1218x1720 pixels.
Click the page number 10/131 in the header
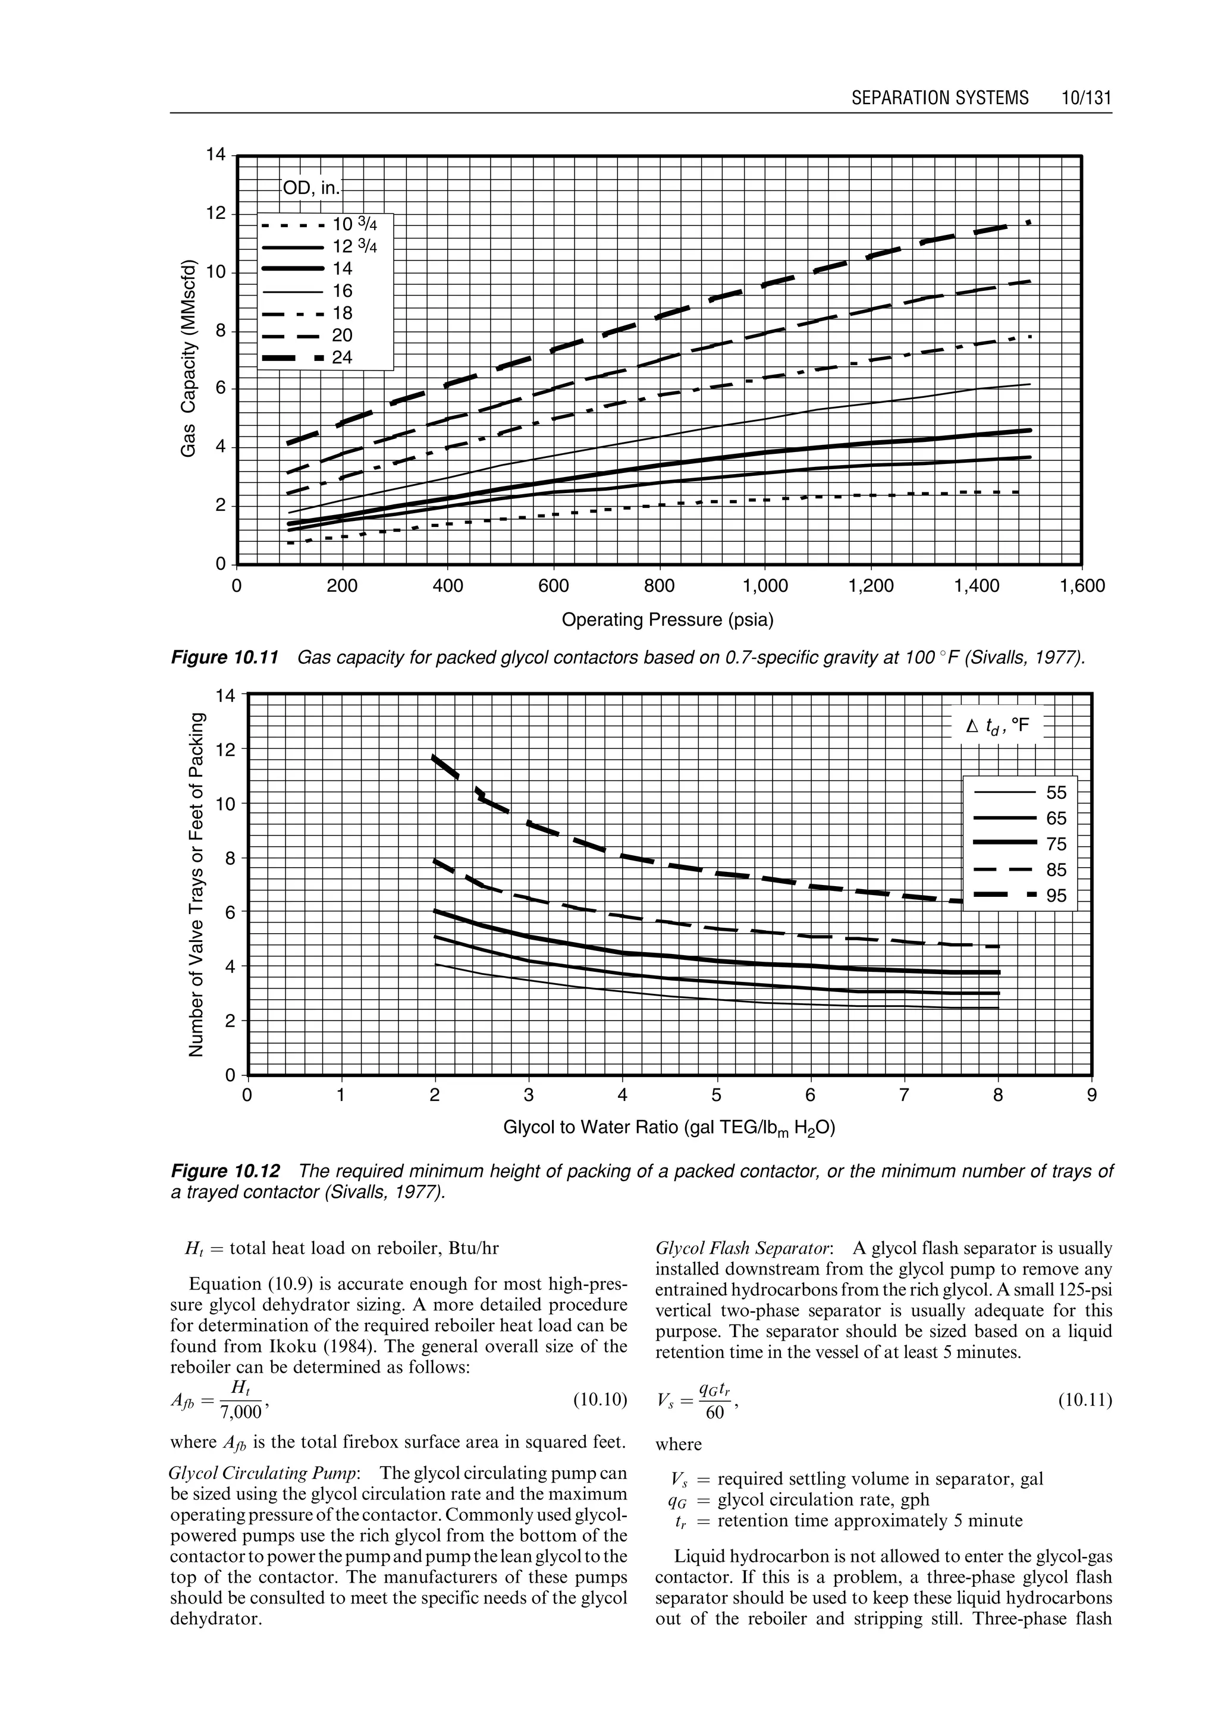[1085, 98]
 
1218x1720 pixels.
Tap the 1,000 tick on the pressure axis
[765, 586]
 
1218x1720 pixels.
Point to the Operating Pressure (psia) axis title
[667, 620]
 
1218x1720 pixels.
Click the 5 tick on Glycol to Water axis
[716, 1096]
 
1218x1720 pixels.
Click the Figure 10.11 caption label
[225, 658]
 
